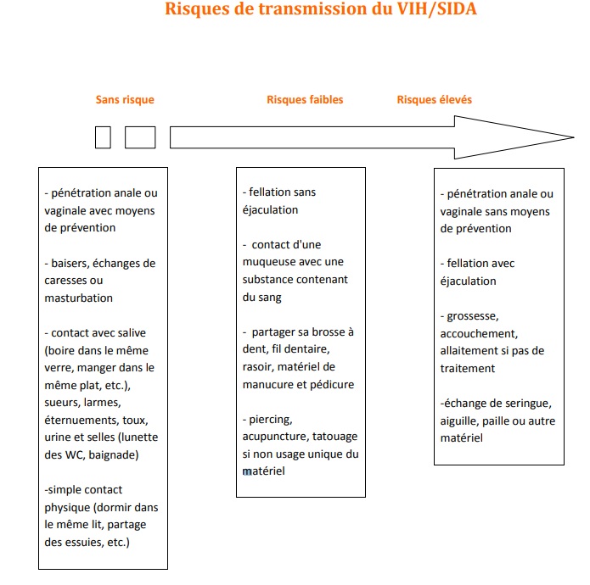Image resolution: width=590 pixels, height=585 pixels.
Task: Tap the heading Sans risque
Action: pyautogui.click(x=125, y=100)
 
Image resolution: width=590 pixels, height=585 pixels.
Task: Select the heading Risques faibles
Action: pyautogui.click(x=305, y=100)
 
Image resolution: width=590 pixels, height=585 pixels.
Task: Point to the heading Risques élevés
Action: pyautogui.click(x=434, y=100)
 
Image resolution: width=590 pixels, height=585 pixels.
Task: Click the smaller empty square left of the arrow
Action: pyautogui.click(x=103, y=137)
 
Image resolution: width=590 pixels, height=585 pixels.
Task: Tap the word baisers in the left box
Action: pyautogui.click(x=70, y=264)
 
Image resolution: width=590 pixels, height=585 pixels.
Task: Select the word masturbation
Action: pyautogui.click(x=79, y=298)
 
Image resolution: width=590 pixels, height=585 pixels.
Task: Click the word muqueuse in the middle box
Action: pyautogui.click(x=273, y=262)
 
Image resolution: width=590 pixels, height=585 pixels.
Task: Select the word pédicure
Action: pyautogui.click(x=333, y=384)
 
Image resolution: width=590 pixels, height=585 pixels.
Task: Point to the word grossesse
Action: pyautogui.click(x=475, y=316)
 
